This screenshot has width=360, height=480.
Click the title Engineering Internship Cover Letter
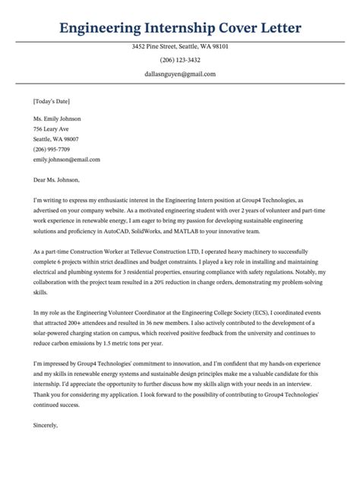click(x=180, y=29)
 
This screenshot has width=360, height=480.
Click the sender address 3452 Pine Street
click(x=180, y=47)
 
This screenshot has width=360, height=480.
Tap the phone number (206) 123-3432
click(x=180, y=61)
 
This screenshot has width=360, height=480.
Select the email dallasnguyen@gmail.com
click(x=180, y=74)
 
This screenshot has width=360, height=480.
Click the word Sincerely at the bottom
click(x=46, y=425)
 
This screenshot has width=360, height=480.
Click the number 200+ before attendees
click(x=77, y=323)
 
